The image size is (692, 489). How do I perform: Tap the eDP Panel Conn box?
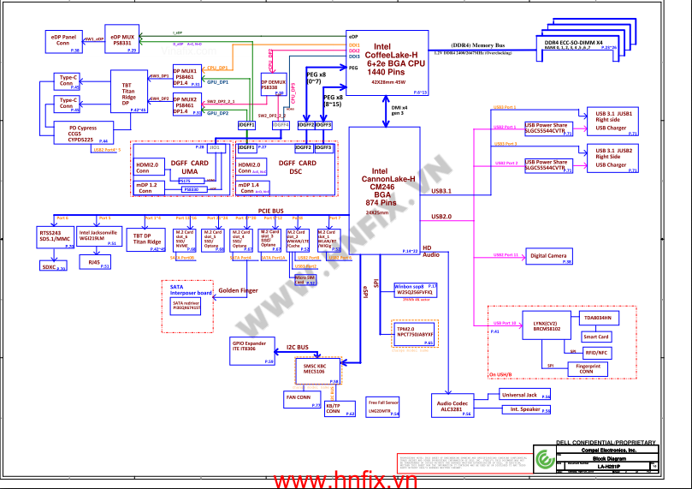[62, 42]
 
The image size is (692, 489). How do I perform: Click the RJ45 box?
[96, 263]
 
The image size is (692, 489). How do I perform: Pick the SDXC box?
[53, 267]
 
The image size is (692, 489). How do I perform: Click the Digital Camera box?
[548, 255]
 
